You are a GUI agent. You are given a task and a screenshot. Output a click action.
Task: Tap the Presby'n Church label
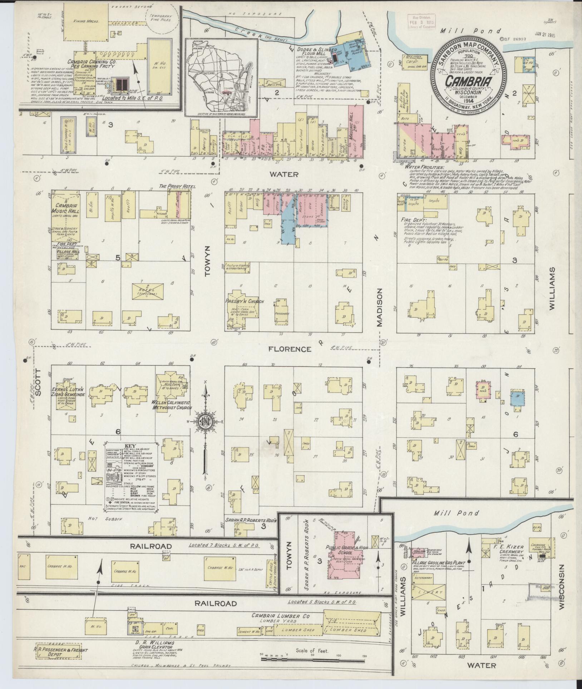tap(244, 301)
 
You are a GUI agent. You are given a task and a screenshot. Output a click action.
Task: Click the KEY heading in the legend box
tap(129, 447)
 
